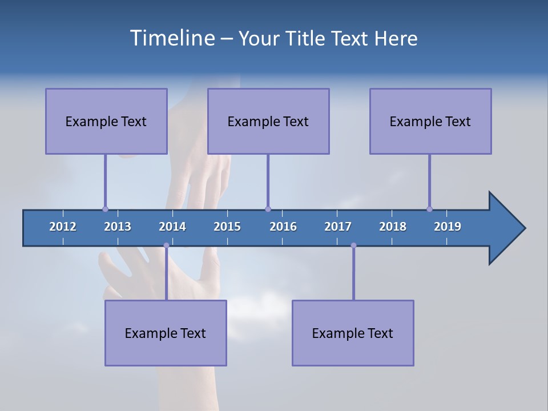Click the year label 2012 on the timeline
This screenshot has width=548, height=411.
point(63,227)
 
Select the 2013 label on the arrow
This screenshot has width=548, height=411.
point(118,227)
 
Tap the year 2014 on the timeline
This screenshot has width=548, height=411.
point(172,227)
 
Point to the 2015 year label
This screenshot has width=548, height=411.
point(227,227)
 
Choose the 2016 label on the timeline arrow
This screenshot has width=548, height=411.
point(283,227)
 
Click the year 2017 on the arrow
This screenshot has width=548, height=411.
point(338,227)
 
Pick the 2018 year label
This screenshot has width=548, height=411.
point(393,227)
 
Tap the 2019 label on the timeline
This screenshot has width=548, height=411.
point(448,227)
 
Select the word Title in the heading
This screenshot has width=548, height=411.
point(306,38)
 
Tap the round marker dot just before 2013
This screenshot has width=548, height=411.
point(105,209)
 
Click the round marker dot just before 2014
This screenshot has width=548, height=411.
point(166,245)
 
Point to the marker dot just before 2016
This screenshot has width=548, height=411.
point(268,209)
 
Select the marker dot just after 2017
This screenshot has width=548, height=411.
point(353,245)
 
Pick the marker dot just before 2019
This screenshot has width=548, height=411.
point(429,209)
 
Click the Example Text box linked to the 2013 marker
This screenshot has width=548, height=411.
point(106,121)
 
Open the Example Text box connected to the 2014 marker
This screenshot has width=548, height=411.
point(166,333)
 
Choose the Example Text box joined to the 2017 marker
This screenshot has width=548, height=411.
point(353,333)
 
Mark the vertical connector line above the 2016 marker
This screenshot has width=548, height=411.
point(268,180)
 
